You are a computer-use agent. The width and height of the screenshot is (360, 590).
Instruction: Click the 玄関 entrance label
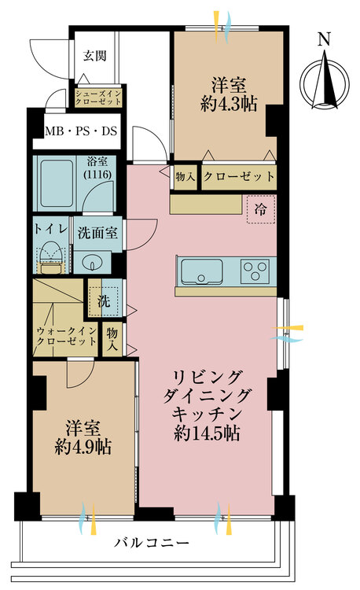pos(97,56)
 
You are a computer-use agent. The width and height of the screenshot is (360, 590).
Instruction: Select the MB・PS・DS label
pos(80,131)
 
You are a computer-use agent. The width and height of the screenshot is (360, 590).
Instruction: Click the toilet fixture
pos(50,259)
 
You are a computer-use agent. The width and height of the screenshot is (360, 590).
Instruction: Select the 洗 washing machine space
pos(104,299)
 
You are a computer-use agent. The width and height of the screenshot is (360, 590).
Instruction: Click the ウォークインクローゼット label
pos(66,336)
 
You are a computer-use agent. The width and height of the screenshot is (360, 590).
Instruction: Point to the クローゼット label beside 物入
pos(239,176)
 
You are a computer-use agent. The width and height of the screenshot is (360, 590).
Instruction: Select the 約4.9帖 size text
pos(83,448)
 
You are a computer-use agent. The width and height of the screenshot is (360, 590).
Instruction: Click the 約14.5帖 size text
pos(209,433)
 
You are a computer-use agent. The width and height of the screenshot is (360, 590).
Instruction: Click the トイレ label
pos(51,228)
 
